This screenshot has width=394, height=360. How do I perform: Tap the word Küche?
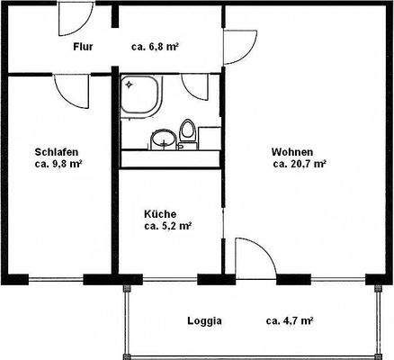(161, 213)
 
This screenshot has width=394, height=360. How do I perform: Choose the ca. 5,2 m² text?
(167, 227)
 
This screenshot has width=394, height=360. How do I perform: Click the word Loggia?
(204, 320)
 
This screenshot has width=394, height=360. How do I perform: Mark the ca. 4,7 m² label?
(289, 320)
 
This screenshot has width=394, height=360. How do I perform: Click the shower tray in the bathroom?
(140, 95)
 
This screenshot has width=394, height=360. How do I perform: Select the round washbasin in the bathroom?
(164, 139)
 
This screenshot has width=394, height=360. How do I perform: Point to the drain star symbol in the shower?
(129, 85)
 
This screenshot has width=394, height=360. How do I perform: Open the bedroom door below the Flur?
(68, 88)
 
